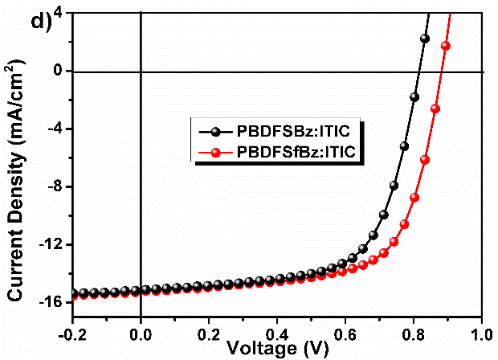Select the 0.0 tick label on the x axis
coord(141,332)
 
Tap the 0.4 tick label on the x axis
coord(277,332)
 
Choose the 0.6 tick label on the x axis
coord(345,332)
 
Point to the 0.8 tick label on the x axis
coord(414,332)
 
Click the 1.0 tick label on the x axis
coord(481,332)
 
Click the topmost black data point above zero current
coord(425,38)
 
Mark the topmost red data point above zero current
coord(446,46)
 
